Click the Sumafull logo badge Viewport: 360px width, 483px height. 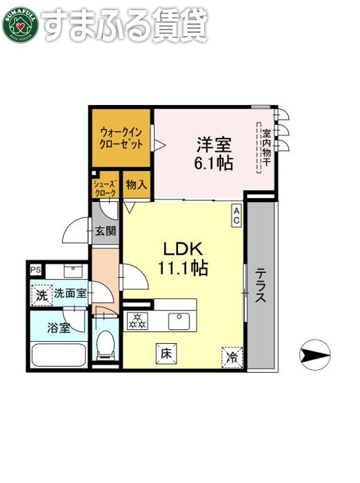pyautogui.click(x=20, y=24)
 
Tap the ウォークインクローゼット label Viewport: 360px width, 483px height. pyautogui.click(x=121, y=137)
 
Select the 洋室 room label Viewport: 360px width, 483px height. pyautogui.click(x=213, y=143)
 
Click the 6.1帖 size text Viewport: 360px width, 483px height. pyautogui.click(x=214, y=163)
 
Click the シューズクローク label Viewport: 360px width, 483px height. pyautogui.click(x=104, y=188)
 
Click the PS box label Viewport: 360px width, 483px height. pyautogui.click(x=35, y=270)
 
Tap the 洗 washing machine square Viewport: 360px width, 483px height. pyautogui.click(x=41, y=294)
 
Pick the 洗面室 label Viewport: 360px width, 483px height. pyautogui.click(x=70, y=293)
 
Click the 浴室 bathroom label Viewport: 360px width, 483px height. pyautogui.click(x=58, y=328)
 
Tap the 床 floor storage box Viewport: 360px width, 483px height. pyautogui.click(x=166, y=352)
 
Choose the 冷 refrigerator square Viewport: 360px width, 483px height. pyautogui.click(x=232, y=357)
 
